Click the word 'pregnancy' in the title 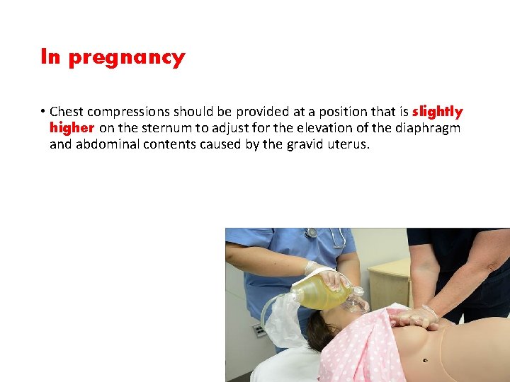[127, 58]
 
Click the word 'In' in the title [50, 57]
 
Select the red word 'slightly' [437, 112]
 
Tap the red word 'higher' [72, 128]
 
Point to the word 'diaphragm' [426, 128]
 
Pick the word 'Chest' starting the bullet [66, 112]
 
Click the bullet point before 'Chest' [43, 112]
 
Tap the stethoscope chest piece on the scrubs [311, 233]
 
